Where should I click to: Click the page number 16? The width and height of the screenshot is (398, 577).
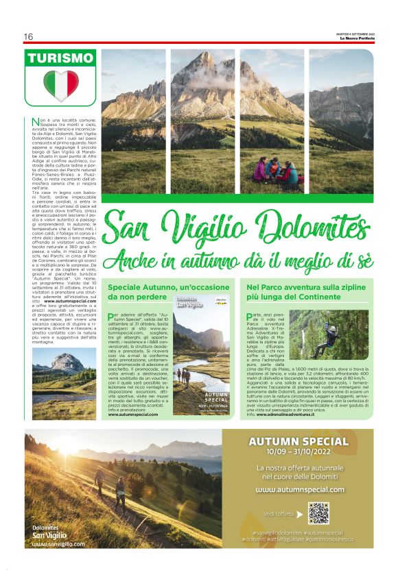pos(28,36)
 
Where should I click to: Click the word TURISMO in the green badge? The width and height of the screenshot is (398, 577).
pos(60,58)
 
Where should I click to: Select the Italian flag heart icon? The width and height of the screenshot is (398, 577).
pos(61,86)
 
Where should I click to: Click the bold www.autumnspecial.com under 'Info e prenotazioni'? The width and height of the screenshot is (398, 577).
pos(138,414)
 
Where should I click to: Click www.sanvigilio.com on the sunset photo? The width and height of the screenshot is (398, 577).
pos(58,544)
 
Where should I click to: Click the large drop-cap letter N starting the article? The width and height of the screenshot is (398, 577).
pos(36,122)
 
